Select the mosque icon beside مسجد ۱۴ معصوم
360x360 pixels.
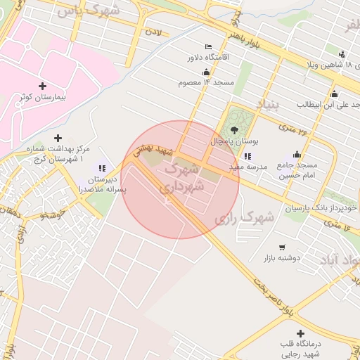205,71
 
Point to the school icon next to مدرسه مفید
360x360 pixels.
247,156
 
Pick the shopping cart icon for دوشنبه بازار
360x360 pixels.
282,247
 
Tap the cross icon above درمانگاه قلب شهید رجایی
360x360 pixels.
301,333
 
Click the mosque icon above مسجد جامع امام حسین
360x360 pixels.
297,155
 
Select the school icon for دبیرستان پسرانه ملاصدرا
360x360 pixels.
103,168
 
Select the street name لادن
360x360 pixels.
153,32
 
